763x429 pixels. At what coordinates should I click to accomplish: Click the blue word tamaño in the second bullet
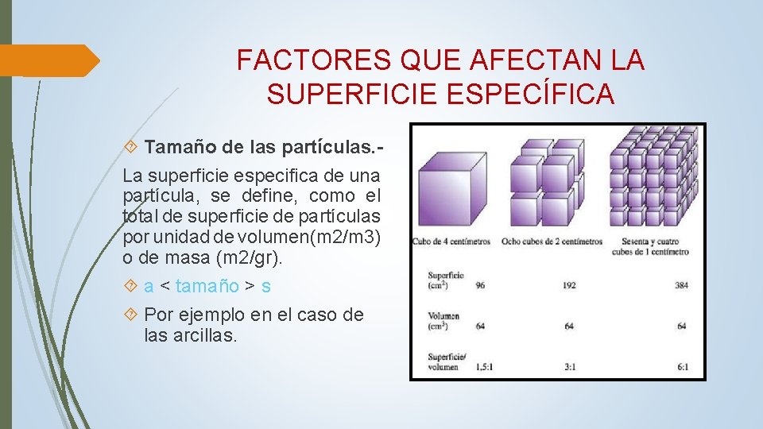[207, 286]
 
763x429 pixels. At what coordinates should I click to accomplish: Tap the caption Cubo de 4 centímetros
[451, 242]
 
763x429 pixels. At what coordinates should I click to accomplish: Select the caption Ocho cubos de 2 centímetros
[552, 242]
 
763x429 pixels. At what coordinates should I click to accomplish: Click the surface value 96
[480, 284]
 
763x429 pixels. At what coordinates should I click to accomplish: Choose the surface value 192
[568, 284]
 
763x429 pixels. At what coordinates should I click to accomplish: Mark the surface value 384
[680, 284]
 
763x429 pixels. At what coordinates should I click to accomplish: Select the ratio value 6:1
[681, 367]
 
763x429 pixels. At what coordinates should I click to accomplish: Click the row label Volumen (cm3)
[443, 321]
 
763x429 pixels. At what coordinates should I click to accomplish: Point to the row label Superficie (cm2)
[445, 280]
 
